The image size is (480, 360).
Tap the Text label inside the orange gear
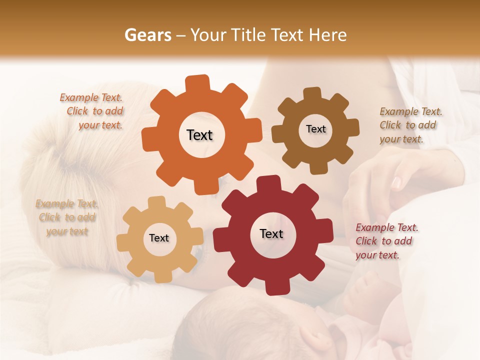(x=199, y=135)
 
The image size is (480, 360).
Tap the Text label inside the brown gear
(x=315, y=129)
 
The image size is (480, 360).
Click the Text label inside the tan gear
(x=159, y=238)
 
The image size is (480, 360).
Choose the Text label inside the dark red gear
(x=271, y=233)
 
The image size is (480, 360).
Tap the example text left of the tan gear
(x=67, y=217)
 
